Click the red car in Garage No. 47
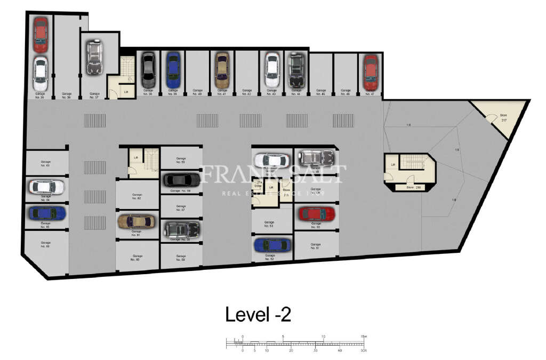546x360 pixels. click(x=371, y=73)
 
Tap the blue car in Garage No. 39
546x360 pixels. click(x=173, y=70)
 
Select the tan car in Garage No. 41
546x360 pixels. click(x=222, y=70)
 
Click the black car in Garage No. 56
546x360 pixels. click(x=181, y=180)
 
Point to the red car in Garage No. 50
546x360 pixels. click(x=316, y=214)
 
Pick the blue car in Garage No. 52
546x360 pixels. click(x=272, y=245)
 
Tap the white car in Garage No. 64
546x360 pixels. click(x=46, y=187)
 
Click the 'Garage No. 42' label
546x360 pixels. click(x=246, y=92)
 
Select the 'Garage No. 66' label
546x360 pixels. click(x=45, y=244)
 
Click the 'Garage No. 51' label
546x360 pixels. click(x=316, y=246)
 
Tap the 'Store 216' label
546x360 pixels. click(x=414, y=188)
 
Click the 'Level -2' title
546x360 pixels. click(x=258, y=314)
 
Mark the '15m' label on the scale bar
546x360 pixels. click(x=364, y=337)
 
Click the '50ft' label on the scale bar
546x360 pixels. click(x=364, y=350)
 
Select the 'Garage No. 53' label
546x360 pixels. click(x=269, y=224)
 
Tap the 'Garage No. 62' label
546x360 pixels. click(x=136, y=197)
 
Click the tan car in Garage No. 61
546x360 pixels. click(x=136, y=221)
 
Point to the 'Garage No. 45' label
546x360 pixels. click(x=320, y=92)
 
